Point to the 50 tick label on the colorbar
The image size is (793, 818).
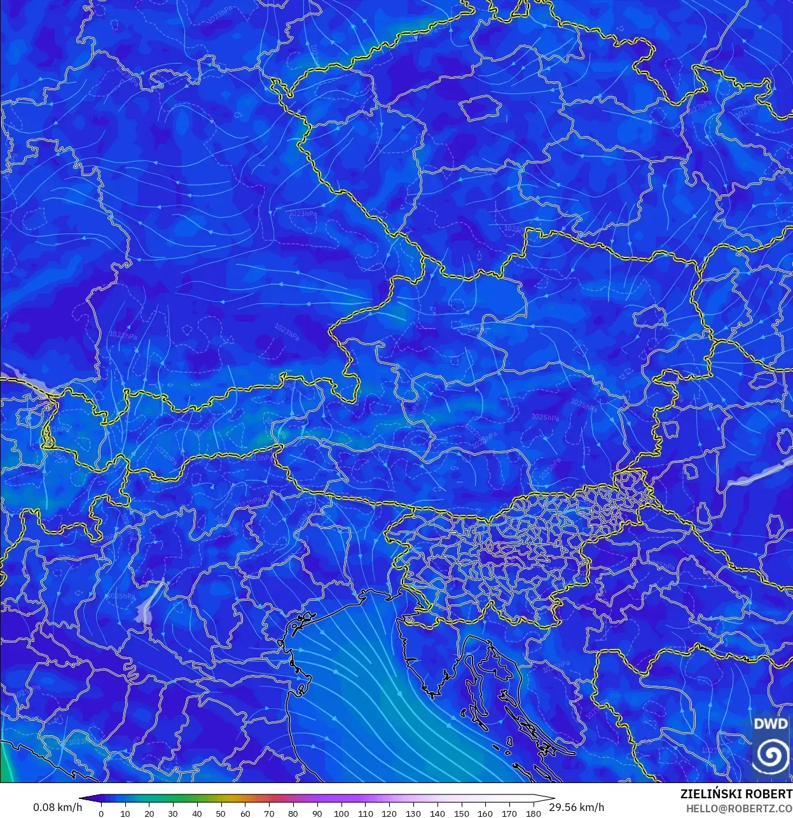pos(221,814)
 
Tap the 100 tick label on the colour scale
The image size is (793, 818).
pos(341,814)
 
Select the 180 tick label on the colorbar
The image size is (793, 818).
pos(534,814)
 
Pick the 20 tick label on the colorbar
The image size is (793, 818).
pos(149,814)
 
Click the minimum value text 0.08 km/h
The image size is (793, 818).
pos(57,807)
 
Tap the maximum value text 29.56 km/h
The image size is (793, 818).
pos(577,807)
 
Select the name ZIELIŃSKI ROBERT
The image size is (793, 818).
pos(736,794)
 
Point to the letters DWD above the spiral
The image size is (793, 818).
pos(771,724)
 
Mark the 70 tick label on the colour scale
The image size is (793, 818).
pos(269,814)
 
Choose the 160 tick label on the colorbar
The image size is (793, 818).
pos(485,814)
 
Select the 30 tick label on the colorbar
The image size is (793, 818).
pos(173,814)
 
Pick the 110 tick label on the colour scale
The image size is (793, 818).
pos(365,814)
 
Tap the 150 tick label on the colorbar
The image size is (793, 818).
pos(462,814)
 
